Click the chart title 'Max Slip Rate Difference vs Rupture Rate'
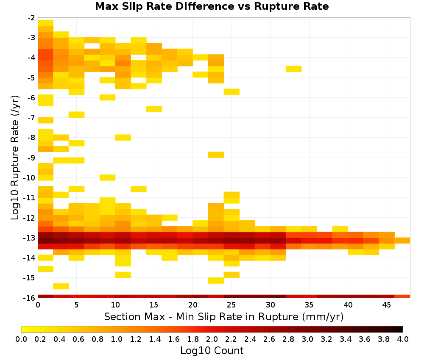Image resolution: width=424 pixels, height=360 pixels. [x=212, y=6]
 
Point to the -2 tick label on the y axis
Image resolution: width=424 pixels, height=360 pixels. [x=31, y=18]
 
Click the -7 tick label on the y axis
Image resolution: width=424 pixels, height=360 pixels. [x=31, y=118]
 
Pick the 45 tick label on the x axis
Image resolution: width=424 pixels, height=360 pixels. [x=386, y=305]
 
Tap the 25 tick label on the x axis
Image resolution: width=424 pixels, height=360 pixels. [x=232, y=305]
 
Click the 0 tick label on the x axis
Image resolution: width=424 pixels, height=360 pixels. [x=38, y=305]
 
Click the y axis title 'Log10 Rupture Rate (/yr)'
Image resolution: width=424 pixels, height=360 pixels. [x=15, y=158]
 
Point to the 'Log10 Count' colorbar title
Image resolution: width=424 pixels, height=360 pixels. [x=212, y=351]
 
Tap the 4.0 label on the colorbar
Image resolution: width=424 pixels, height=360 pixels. [x=403, y=339]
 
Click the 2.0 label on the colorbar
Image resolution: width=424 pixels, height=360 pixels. [x=212, y=339]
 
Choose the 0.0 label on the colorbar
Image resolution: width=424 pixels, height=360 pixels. [x=21, y=339]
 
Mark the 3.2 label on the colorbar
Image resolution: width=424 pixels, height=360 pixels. [x=326, y=339]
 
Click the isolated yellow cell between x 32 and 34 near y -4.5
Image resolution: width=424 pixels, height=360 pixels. [x=294, y=69]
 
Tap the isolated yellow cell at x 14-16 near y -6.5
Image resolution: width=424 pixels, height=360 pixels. [x=154, y=109]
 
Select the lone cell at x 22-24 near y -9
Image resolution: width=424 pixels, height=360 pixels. [x=216, y=155]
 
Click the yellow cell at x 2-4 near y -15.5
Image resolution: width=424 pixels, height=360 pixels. [x=61, y=286]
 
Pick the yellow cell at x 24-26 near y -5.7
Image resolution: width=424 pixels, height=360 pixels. [x=232, y=92]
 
